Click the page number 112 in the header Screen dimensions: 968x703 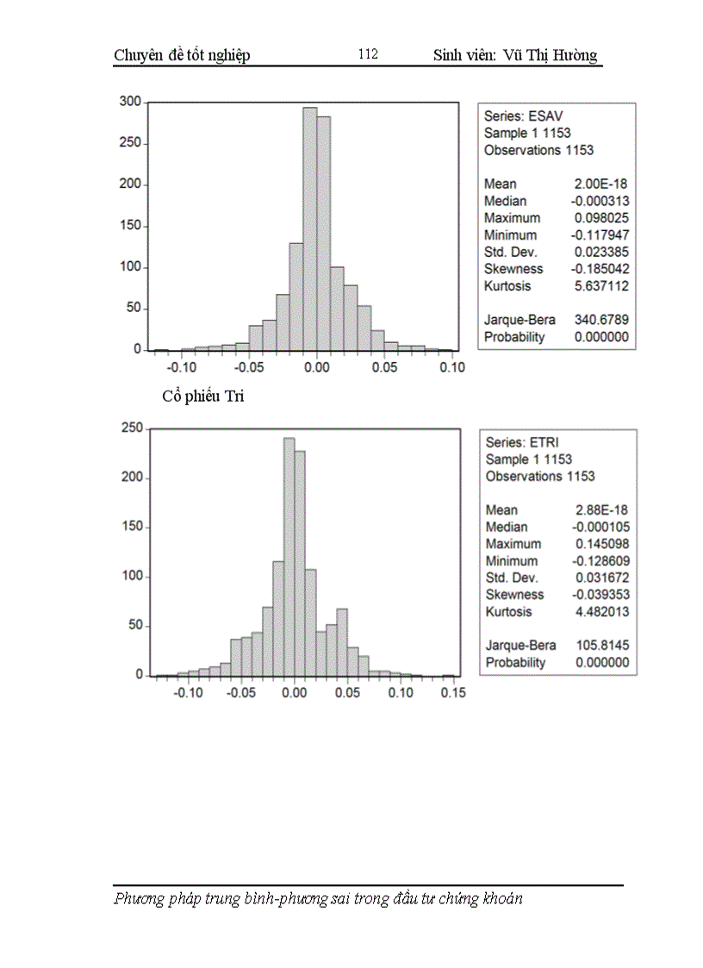tap(368, 54)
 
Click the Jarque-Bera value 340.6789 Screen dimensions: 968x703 tap(603, 320)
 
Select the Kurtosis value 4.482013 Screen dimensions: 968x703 tap(602, 612)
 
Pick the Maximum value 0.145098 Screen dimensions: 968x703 tap(602, 544)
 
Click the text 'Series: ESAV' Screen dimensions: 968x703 tap(524, 116)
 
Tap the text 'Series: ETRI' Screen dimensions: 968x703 tap(522, 442)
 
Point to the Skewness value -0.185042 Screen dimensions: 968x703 tap(601, 269)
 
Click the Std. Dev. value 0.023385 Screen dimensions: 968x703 tap(602, 252)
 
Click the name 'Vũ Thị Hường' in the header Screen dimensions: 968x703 tap(554, 56)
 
